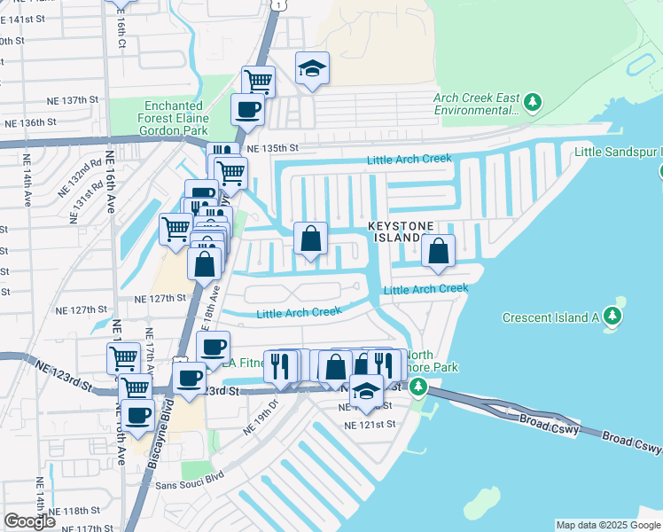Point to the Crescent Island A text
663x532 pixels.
[550, 317]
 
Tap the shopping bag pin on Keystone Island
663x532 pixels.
[439, 252]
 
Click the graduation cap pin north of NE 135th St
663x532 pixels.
[311, 69]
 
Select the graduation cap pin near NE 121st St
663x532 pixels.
[366, 391]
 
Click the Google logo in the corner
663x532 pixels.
[29, 521]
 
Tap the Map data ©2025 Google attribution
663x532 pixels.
[607, 525]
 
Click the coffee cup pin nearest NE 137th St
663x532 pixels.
[247, 109]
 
